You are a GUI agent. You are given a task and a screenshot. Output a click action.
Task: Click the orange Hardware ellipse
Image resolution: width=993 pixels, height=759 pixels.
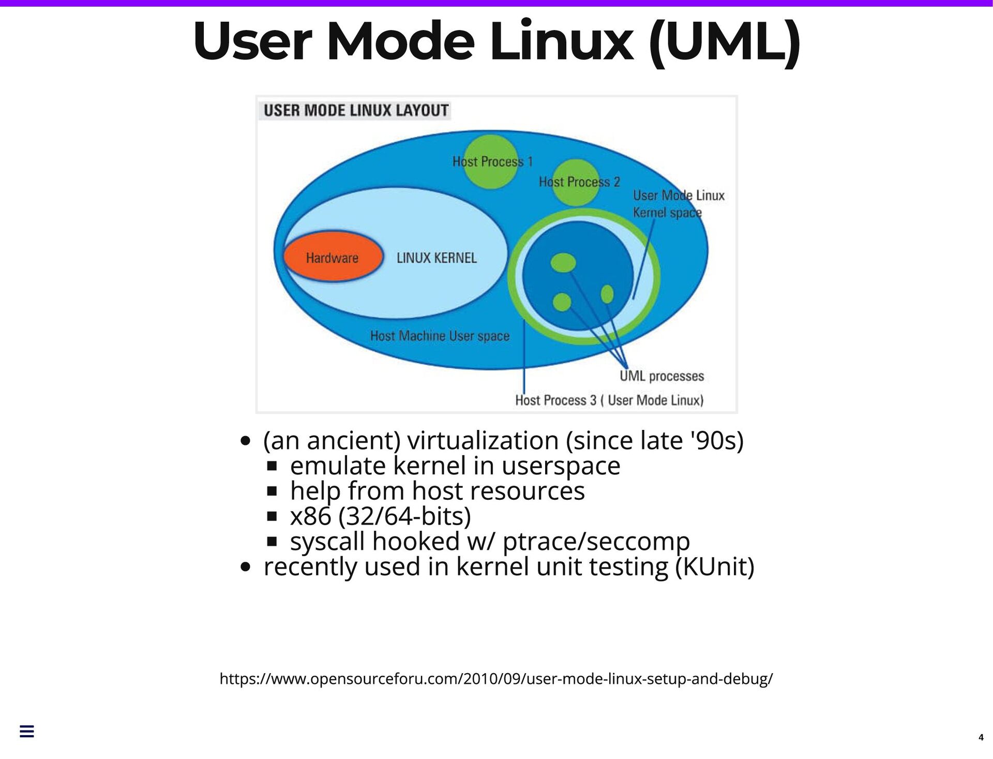tap(333, 257)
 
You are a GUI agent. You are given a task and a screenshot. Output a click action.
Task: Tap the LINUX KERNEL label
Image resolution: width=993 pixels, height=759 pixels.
tap(437, 258)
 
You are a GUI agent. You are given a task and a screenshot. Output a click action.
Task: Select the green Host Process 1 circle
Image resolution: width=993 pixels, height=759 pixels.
tap(490, 161)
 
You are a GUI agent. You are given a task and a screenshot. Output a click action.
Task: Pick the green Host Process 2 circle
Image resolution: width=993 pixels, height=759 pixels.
tap(575, 182)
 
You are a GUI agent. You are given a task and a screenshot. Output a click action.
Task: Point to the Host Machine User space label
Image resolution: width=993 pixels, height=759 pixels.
tap(440, 336)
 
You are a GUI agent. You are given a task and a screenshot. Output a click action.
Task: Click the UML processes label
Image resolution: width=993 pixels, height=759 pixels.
tap(661, 376)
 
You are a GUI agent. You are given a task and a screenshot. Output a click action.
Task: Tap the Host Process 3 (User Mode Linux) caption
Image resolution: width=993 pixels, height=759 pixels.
tap(609, 400)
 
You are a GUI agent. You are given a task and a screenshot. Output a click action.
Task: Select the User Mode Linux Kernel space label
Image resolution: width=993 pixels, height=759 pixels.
tap(678, 204)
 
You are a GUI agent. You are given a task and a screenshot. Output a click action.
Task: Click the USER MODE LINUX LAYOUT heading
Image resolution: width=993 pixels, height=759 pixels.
tap(356, 110)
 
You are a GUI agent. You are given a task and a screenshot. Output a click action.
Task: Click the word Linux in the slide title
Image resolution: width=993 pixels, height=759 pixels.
tap(561, 41)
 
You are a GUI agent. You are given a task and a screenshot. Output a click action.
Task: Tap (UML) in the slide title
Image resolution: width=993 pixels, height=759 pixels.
tap(725, 41)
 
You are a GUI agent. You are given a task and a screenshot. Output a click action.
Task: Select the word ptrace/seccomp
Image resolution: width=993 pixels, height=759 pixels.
tap(596, 541)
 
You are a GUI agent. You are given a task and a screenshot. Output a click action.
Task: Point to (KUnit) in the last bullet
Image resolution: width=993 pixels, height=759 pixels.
tap(715, 567)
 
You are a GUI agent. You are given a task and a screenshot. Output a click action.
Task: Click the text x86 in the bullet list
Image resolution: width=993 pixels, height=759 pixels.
tap(310, 516)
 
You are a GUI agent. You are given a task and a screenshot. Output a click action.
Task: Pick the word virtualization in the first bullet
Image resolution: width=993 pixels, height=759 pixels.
tap(483, 441)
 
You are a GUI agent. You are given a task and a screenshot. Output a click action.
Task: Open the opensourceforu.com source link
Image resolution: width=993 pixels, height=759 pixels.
tap(496, 678)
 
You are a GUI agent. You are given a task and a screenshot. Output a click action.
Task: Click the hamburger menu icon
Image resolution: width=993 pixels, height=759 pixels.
tap(27, 731)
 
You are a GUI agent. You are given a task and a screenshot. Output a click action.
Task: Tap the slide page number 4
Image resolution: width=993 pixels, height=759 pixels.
tap(981, 737)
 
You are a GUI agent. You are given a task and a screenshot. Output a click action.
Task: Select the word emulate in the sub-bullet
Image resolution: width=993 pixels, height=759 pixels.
tap(338, 466)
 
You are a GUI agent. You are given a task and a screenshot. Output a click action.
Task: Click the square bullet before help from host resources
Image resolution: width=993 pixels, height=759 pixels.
tap(273, 491)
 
